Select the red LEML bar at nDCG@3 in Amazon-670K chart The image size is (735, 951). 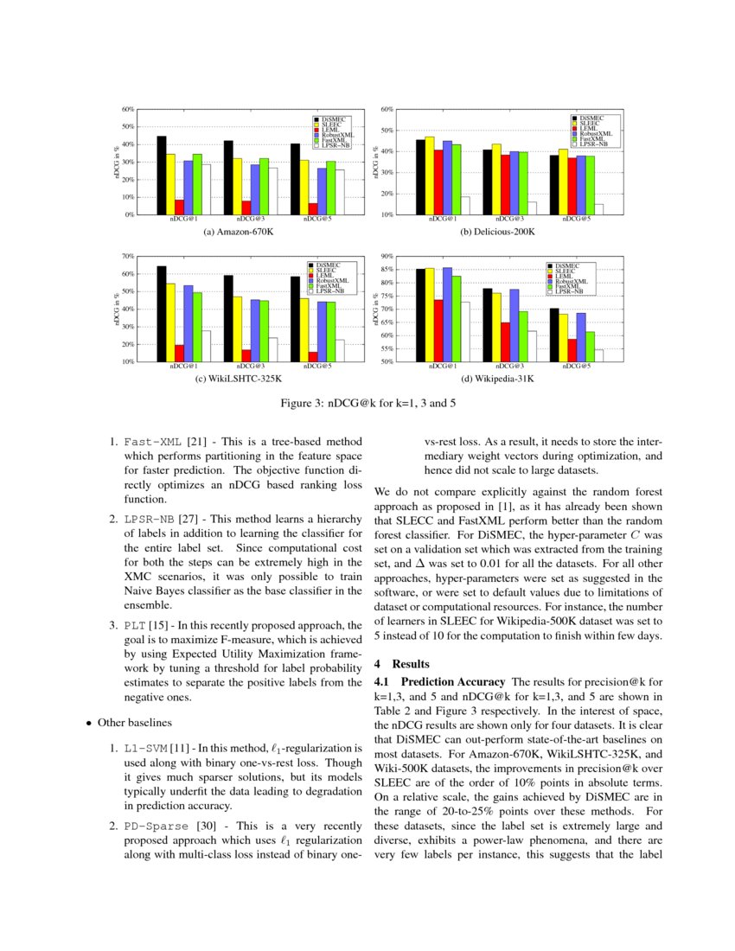point(246,207)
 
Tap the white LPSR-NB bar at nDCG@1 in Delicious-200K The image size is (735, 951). point(464,206)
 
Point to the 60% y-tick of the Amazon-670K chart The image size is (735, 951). point(128,110)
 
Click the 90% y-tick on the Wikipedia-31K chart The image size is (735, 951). point(387,257)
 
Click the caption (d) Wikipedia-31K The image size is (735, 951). point(496,379)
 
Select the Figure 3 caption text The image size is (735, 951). point(368,404)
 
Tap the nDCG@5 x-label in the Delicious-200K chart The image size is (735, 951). point(575,220)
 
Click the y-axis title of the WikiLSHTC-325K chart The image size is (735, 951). point(117,309)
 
